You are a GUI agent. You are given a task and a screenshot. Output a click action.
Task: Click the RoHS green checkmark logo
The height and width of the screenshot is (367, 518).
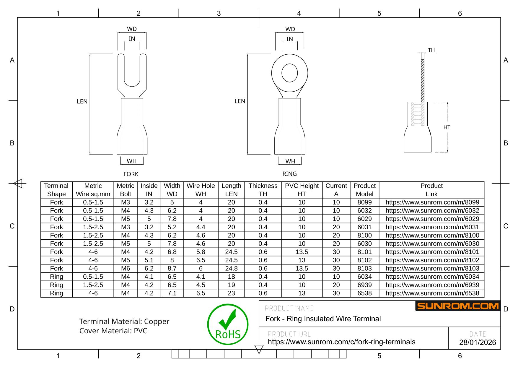point(228,324)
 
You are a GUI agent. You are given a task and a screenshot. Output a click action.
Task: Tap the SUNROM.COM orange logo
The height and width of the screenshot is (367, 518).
point(458,306)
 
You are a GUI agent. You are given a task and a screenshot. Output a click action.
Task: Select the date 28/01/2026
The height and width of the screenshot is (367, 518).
point(478,342)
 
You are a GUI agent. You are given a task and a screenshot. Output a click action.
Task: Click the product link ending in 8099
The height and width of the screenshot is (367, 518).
point(432,202)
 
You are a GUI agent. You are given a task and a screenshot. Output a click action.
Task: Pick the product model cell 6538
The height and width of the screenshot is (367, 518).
point(364,293)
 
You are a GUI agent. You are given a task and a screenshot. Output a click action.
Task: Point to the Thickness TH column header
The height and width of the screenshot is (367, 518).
point(263,190)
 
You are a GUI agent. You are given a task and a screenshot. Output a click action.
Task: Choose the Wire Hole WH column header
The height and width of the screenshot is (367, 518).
point(201,190)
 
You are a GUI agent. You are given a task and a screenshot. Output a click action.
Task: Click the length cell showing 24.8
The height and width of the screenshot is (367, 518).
point(231,268)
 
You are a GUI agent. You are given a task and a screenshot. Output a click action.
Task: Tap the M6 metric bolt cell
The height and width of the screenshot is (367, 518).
point(126,268)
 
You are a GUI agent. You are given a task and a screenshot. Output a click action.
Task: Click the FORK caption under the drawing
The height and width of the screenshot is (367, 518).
point(131,174)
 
